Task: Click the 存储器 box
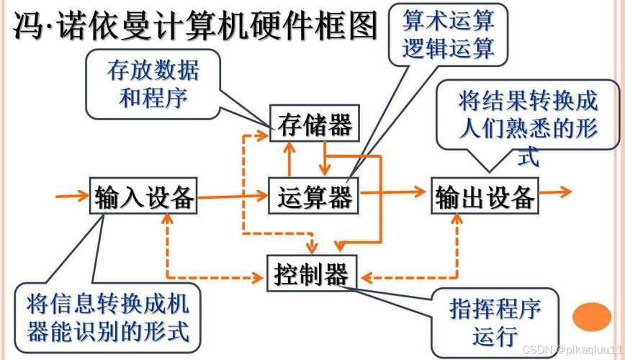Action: point(315,125)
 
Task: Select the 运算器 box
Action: point(315,194)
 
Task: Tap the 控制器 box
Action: point(311,273)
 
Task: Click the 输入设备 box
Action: point(144,195)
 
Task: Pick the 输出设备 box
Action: point(485,196)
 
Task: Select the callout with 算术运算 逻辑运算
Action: point(448,34)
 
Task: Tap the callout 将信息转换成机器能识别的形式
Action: point(108,318)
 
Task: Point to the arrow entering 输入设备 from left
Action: point(72,194)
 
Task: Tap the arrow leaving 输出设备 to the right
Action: point(554,192)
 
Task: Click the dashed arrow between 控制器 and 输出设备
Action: point(432,276)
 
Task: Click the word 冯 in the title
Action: point(27,29)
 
